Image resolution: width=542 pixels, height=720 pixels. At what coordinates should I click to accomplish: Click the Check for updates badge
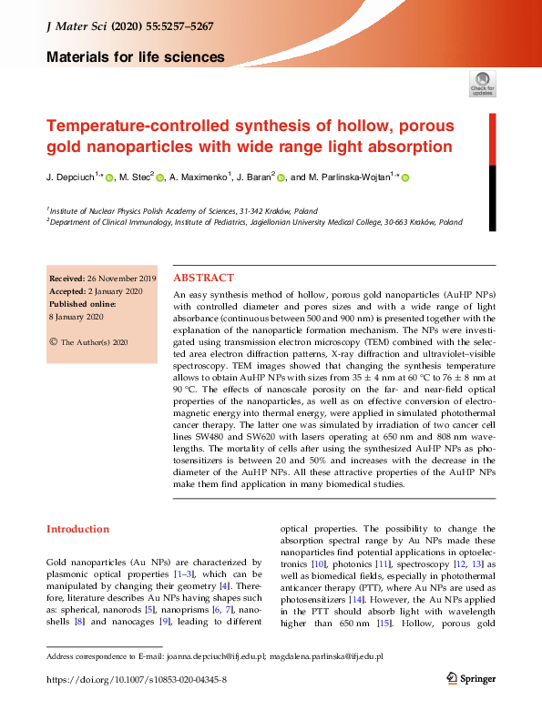[x=483, y=83]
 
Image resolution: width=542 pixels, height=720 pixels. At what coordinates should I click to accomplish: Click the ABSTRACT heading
[x=203, y=278]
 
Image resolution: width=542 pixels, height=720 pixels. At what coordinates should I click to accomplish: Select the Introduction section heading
[x=77, y=529]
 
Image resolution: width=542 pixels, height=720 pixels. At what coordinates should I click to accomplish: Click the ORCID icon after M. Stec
[x=159, y=178]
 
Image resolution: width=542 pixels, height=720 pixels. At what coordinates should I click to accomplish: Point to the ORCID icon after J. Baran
[x=281, y=178]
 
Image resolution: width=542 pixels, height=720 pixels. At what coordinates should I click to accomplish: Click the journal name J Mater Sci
[x=76, y=26]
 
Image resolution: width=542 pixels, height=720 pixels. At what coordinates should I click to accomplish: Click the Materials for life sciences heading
[x=135, y=56]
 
